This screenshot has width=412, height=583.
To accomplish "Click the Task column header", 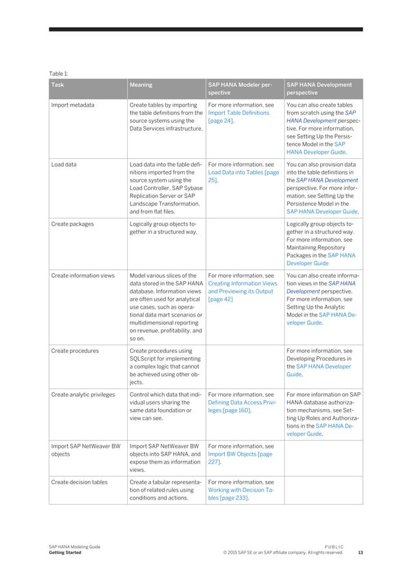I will point(59,84).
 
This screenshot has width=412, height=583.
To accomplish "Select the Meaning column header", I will point(141,84).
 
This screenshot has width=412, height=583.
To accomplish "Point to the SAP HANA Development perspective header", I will point(319,89).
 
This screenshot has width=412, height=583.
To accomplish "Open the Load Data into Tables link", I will point(243,173).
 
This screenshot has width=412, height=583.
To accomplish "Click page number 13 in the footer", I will point(360,553).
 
